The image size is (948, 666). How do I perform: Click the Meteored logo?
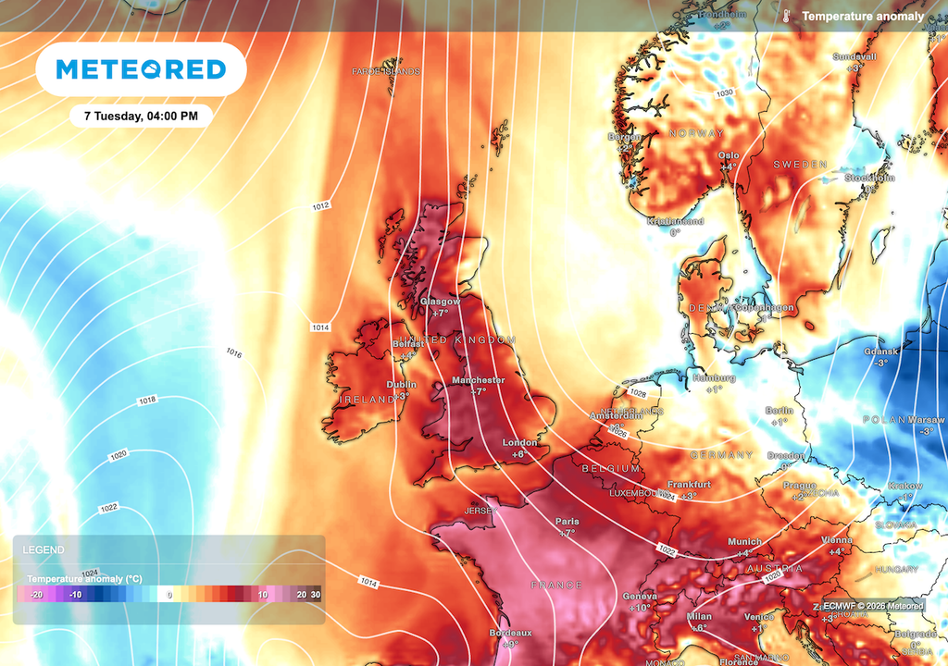click(141, 69)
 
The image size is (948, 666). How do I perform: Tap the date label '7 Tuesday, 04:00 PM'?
click(141, 117)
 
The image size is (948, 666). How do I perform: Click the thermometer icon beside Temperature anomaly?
click(786, 17)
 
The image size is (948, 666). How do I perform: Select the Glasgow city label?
click(440, 302)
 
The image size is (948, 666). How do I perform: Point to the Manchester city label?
click(478, 380)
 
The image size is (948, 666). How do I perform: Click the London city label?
click(519, 443)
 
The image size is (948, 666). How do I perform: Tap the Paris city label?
click(567, 522)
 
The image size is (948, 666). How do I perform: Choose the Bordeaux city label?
click(511, 633)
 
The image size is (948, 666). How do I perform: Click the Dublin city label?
click(401, 385)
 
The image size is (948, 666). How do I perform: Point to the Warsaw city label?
click(926, 420)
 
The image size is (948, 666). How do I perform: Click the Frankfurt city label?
click(689, 484)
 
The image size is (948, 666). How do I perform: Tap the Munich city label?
click(744, 541)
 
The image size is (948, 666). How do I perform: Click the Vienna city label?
click(836, 539)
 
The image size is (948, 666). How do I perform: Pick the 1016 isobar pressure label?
click(234, 353)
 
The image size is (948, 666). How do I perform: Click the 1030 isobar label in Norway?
click(724, 92)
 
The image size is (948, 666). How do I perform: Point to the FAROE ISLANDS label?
click(386, 71)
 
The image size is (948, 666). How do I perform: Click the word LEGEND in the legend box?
click(44, 549)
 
